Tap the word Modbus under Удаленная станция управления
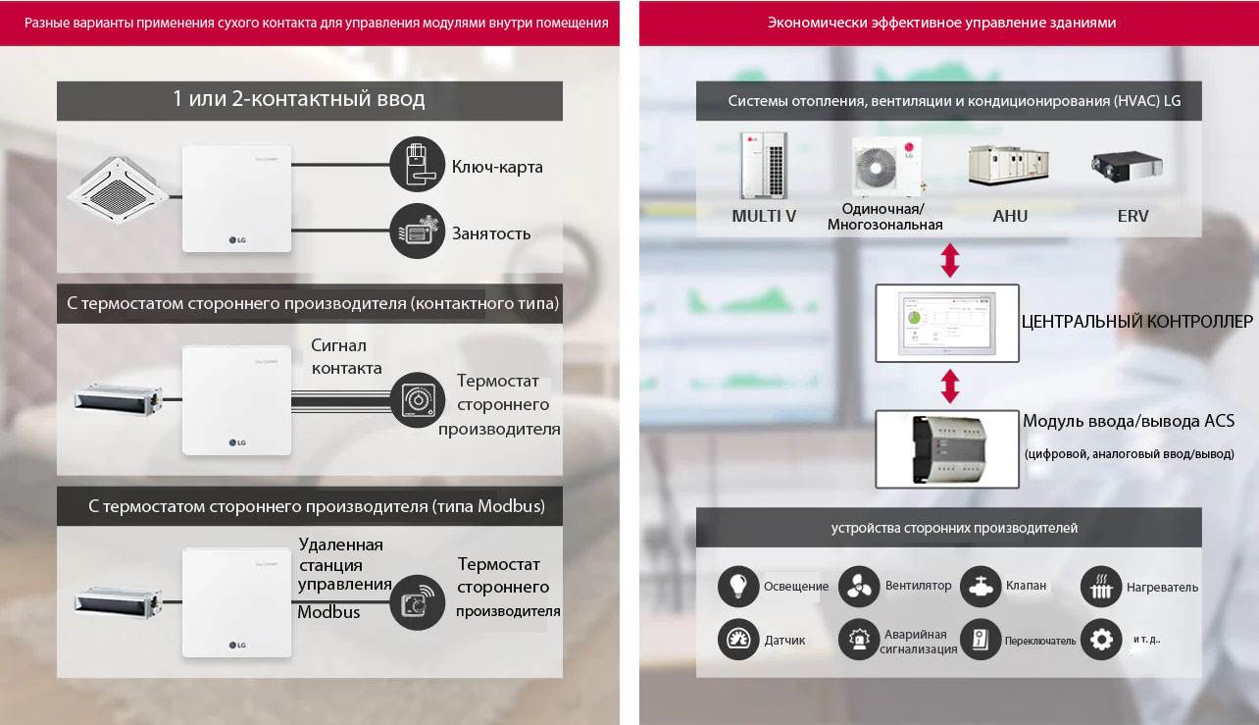click(328, 612)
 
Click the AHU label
click(1010, 216)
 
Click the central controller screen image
click(947, 323)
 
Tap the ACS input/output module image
click(947, 447)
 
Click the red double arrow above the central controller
click(949, 261)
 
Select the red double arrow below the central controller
click(949, 386)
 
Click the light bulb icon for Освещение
click(738, 586)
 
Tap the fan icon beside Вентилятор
click(859, 586)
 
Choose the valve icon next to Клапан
click(981, 586)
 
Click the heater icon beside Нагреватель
click(1101, 587)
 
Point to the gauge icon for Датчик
click(738, 640)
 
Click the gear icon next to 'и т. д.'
click(1101, 640)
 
